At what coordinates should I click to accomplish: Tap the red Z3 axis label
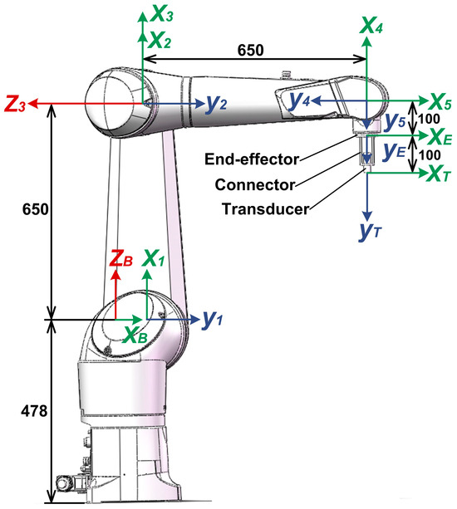pyautogui.click(x=17, y=105)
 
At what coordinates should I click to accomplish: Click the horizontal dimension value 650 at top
pyautogui.click(x=251, y=50)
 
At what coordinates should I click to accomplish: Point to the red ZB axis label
pyautogui.click(x=122, y=260)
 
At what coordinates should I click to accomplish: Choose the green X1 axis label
pyautogui.click(x=156, y=257)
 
